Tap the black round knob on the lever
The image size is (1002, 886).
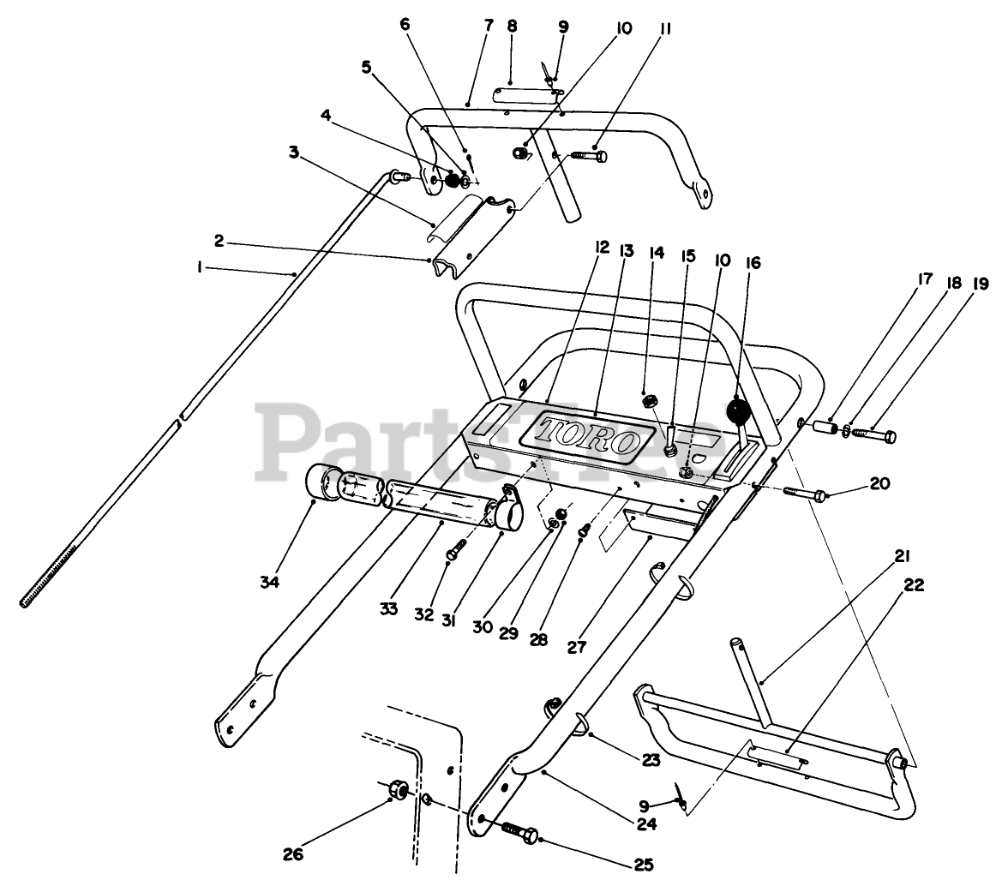pos(738,413)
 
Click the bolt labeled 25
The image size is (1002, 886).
pos(518,830)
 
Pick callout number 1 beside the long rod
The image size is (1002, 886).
pos(200,267)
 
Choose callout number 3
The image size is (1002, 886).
pos(293,152)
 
